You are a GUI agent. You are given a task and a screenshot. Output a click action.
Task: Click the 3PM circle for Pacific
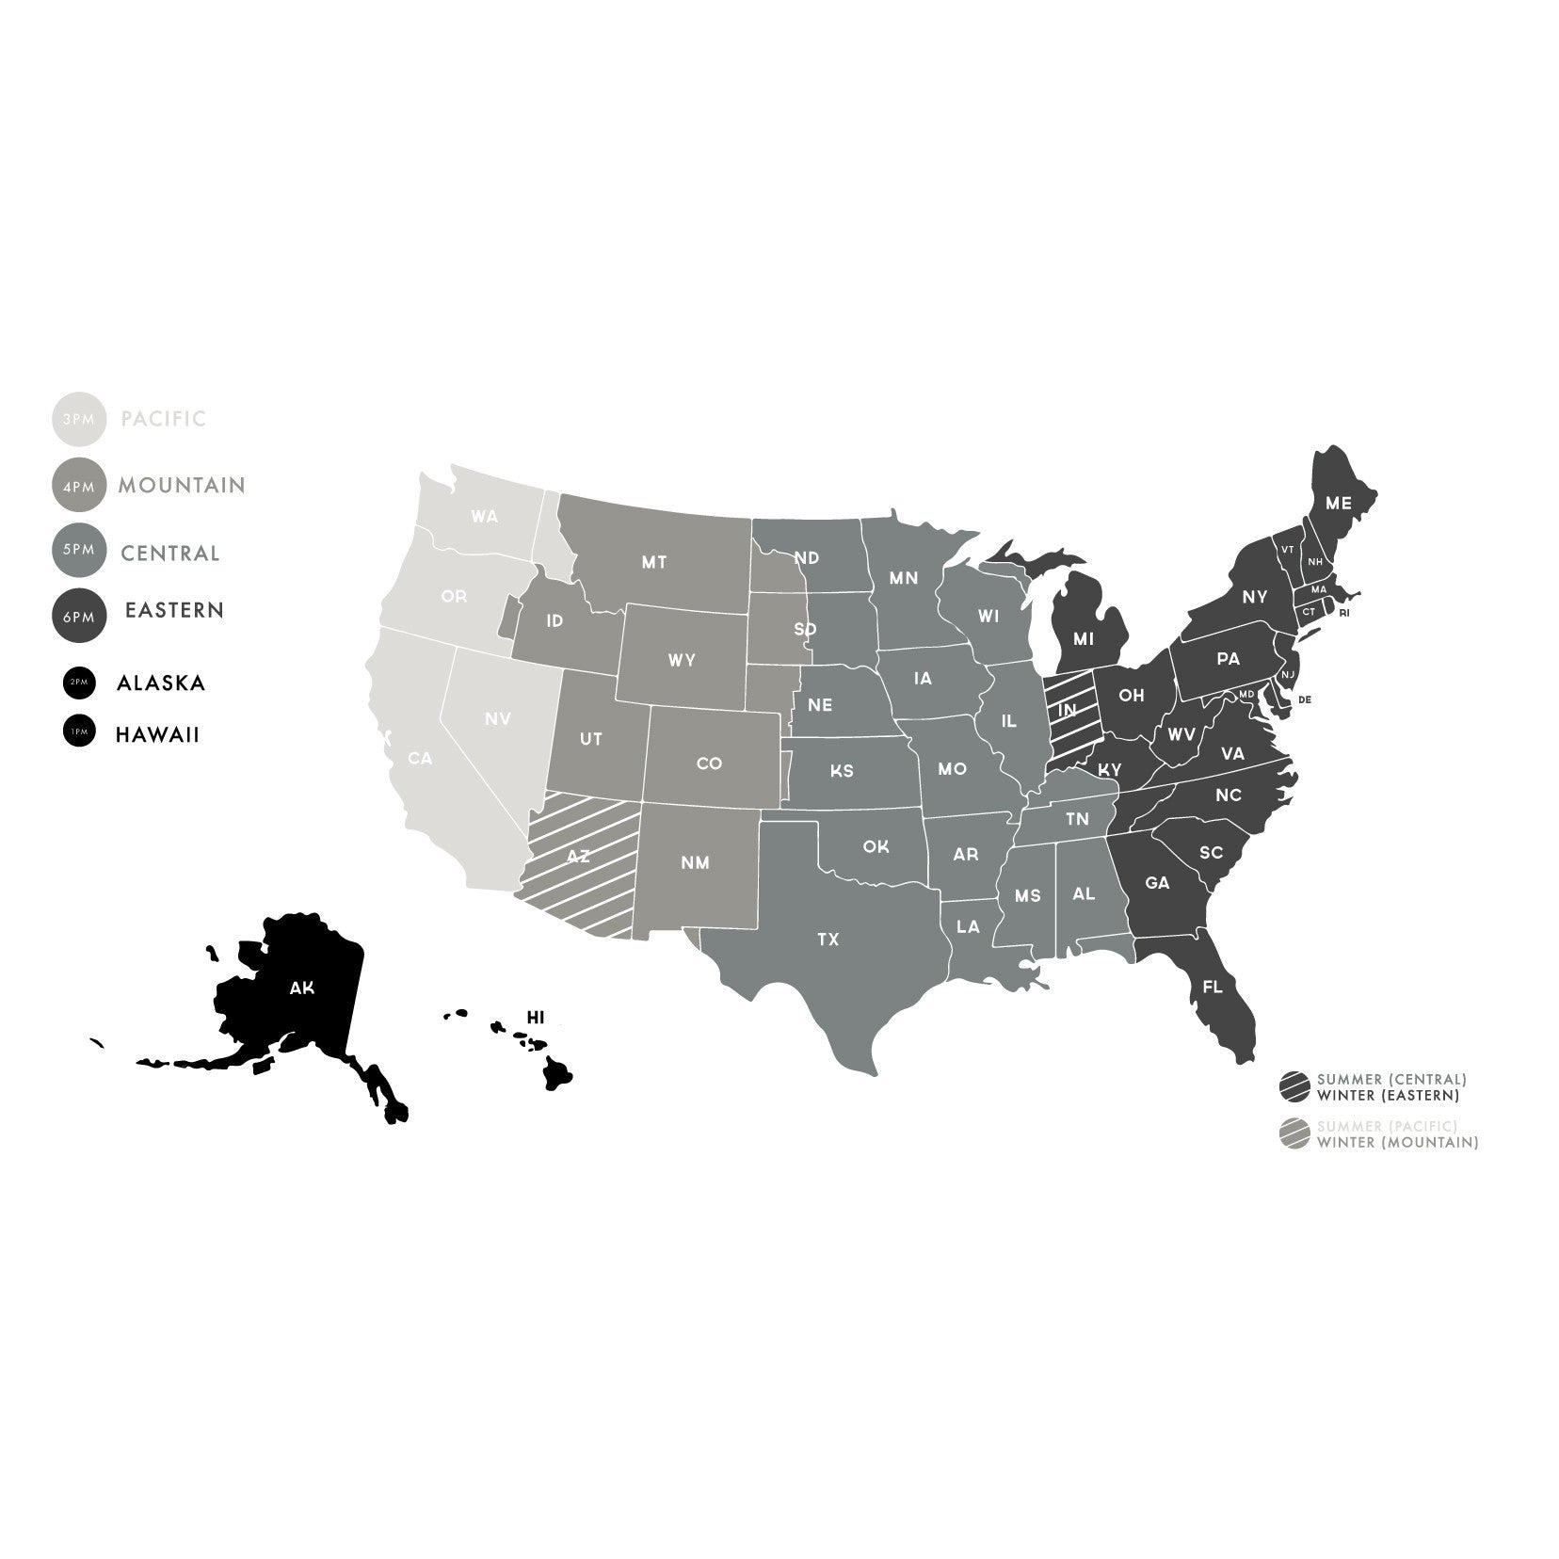pos(78,419)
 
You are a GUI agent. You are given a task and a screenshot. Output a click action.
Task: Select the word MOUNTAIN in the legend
pos(182,486)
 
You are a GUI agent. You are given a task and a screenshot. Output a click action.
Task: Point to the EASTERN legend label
pos(175,610)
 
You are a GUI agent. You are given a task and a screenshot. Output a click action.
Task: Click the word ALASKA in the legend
pos(161,683)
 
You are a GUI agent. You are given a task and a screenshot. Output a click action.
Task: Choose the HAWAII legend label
pos(157,734)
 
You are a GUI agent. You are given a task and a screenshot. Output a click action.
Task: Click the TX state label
pos(828,940)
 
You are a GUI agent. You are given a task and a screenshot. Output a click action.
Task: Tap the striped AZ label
pos(578,857)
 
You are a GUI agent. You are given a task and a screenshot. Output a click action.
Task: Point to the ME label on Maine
pos(1338,504)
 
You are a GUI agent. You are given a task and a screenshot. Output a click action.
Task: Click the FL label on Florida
pos(1213,988)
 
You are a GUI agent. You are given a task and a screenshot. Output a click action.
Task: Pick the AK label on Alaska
pos(302,988)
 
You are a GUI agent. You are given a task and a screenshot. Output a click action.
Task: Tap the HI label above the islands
pos(536,1018)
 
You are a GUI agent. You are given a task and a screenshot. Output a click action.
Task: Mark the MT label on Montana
pos(654,563)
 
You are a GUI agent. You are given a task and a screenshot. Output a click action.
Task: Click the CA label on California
pos(420,758)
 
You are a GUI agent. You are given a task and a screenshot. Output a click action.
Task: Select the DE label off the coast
pos(1305,699)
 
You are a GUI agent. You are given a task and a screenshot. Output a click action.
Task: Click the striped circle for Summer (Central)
pos(1294,1086)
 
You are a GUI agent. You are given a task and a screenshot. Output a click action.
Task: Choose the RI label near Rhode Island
pos(1343,613)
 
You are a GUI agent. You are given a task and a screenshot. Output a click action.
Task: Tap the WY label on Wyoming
pos(682,660)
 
